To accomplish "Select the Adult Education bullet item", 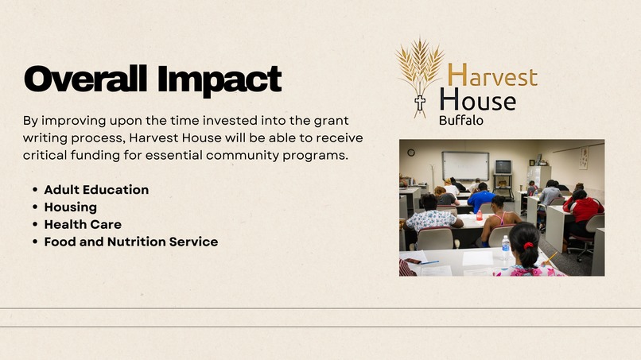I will click(96, 190).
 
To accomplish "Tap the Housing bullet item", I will click(70, 207).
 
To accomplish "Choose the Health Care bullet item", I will click(82, 225).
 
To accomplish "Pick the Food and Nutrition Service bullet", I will click(130, 242).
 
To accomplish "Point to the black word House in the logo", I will click(477, 100).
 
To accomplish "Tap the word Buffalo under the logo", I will click(460, 121).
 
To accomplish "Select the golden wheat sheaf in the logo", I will click(420, 68).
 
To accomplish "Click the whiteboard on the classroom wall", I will click(465, 165).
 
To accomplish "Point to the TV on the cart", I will click(503, 167).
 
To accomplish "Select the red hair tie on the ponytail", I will click(526, 245).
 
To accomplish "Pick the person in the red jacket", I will click(583, 208).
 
